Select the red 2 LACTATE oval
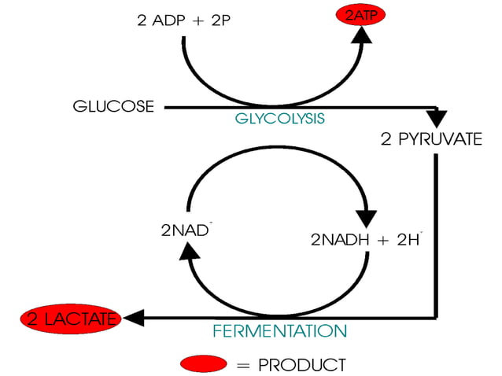(72, 319)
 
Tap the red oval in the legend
(203, 363)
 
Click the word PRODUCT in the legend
(301, 364)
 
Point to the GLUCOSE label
(113, 106)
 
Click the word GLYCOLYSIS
(279, 119)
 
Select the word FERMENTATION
(279, 330)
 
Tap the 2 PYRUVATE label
(431, 140)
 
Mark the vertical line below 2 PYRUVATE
(435, 236)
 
